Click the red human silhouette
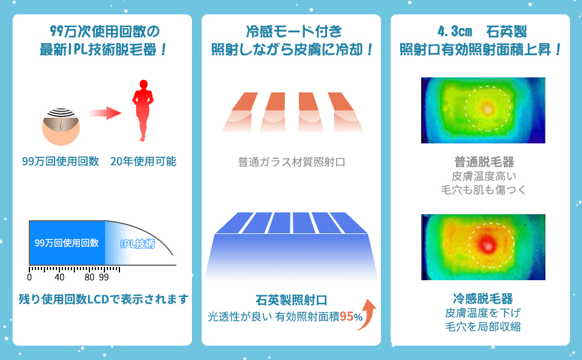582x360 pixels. [143, 111]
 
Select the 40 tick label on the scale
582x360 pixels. [59, 278]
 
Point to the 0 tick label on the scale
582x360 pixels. [29, 278]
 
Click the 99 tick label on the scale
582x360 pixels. [104, 278]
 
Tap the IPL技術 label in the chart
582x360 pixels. [137, 243]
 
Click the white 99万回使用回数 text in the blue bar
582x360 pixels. [67, 243]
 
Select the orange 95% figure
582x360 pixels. [351, 316]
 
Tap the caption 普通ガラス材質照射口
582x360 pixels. [291, 162]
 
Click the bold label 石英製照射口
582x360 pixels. [291, 299]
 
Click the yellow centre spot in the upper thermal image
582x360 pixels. [486, 109]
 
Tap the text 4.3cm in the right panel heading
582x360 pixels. [455, 31]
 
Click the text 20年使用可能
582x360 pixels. [143, 161]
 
